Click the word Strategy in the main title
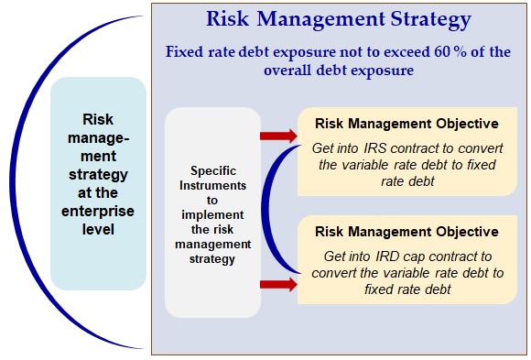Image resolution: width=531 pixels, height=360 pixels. pos(431,19)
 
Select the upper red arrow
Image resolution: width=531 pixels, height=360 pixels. pos(278,136)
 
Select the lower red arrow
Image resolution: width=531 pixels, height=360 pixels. pos(278,284)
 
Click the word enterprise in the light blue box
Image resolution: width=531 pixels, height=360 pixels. pos(98,212)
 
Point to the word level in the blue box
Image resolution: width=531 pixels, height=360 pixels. pos(98,230)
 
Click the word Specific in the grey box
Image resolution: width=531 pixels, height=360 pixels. pos(213,171)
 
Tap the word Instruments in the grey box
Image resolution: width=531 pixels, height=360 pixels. pos(213,185)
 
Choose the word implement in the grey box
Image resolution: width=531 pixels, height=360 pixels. pos(212,215)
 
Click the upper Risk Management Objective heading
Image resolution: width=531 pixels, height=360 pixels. pos(406,124)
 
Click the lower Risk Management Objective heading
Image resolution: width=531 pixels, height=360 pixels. pos(406,232)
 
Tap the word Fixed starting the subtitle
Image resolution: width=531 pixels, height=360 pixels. pos(185,52)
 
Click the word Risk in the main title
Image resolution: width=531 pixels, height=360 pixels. pos(228,19)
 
